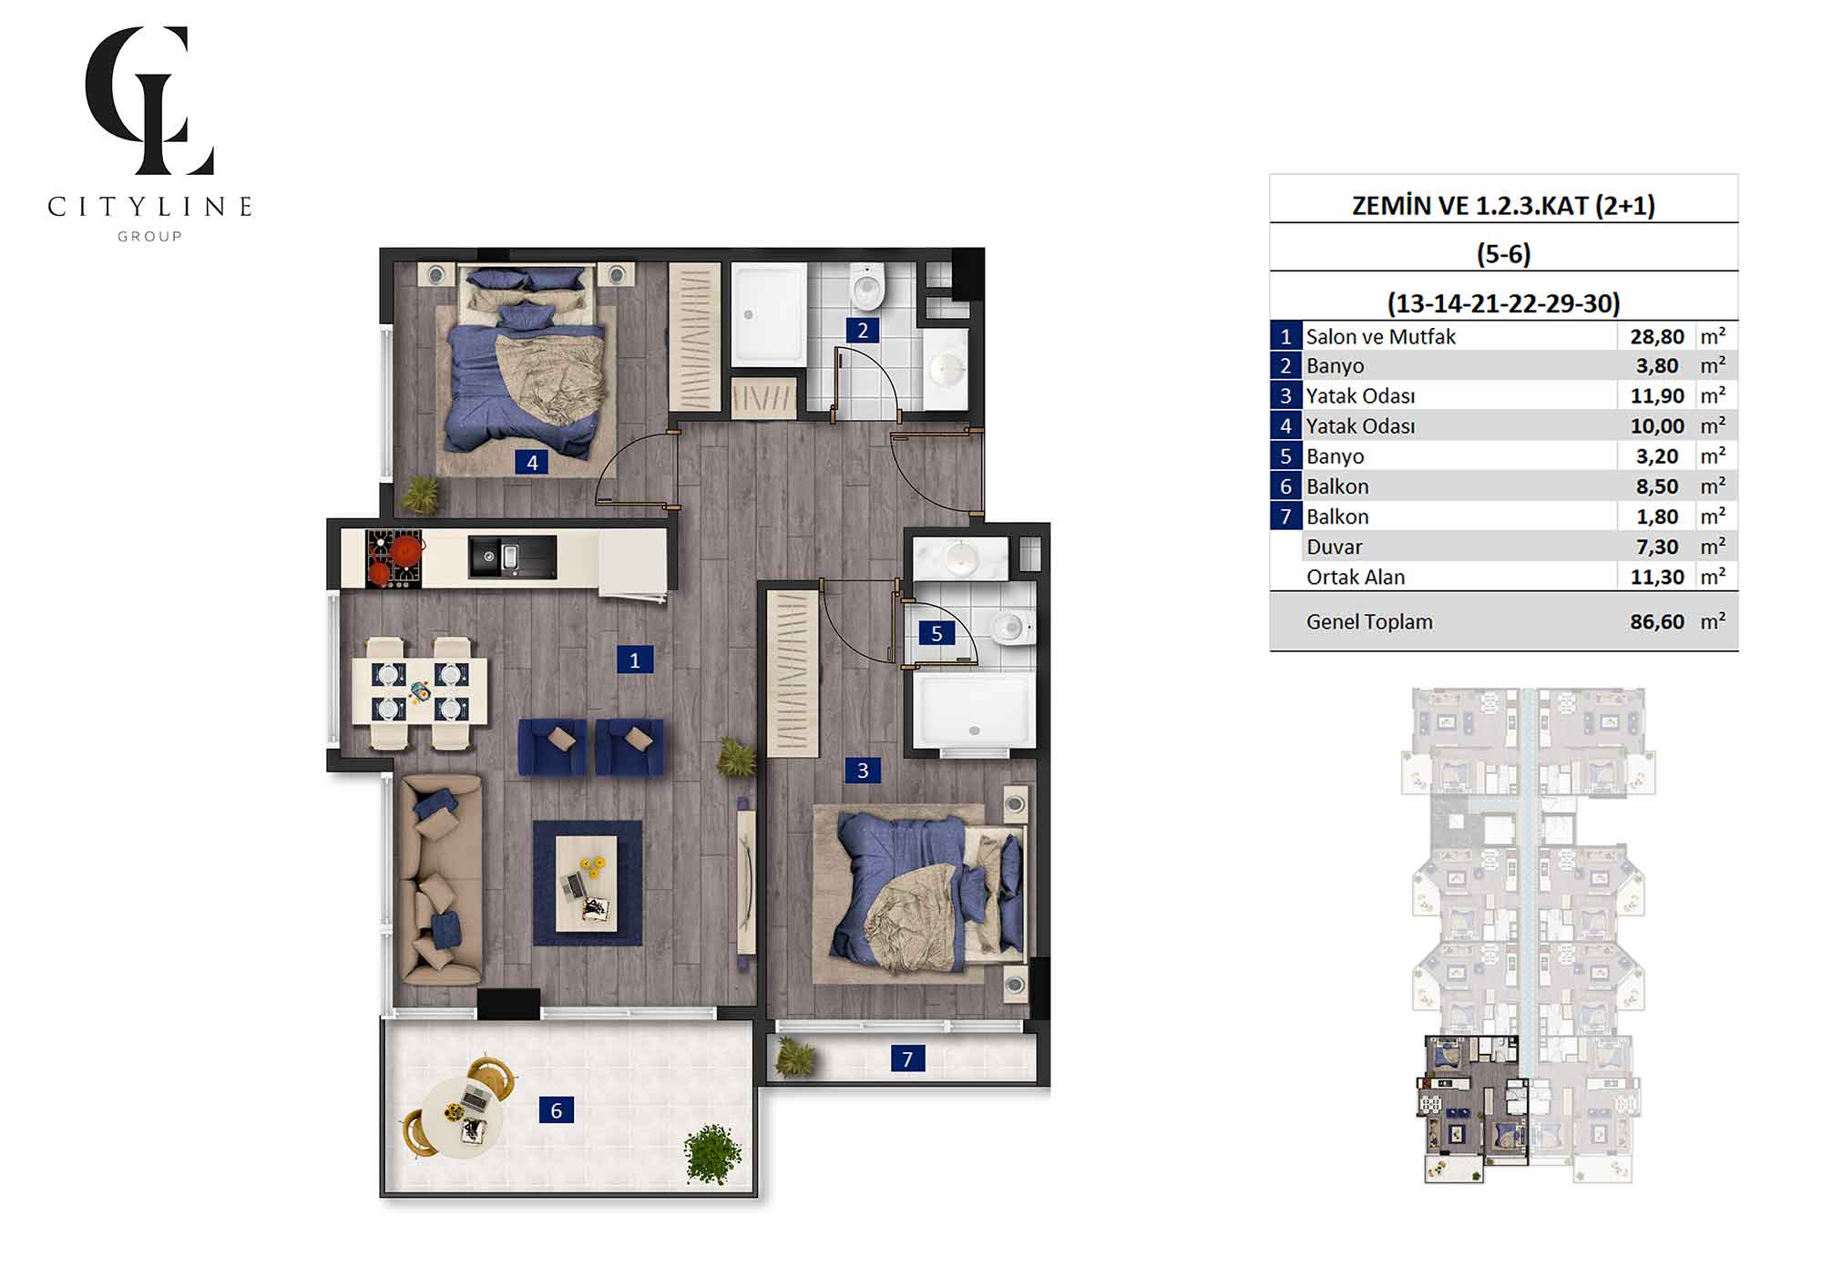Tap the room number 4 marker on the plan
[x=532, y=462]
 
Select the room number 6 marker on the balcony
[x=557, y=1109]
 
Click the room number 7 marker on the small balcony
[x=907, y=1058]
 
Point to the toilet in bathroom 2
[x=866, y=286]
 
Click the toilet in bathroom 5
[x=1010, y=627]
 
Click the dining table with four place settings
[x=420, y=692]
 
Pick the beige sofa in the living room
[x=442, y=879]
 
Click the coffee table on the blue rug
[x=587, y=883]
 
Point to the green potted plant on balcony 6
[x=712, y=1153]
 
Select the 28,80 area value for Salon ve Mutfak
[x=1657, y=336]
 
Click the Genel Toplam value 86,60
[x=1657, y=622]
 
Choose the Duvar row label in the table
[x=1334, y=547]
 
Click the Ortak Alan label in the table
[x=1356, y=577]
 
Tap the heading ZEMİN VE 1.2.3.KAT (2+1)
[x=1503, y=205]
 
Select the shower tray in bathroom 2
[x=769, y=315]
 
